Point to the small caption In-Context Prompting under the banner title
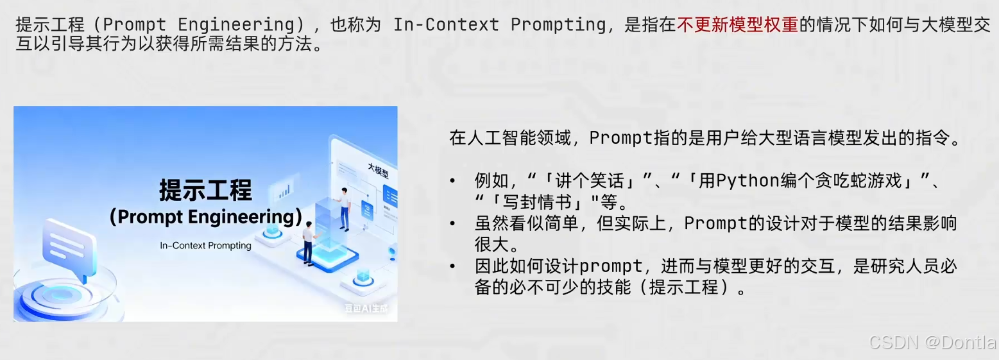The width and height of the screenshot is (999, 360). (x=205, y=245)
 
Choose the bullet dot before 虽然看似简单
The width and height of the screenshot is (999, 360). (x=454, y=223)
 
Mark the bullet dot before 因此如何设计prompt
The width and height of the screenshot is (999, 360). (x=454, y=266)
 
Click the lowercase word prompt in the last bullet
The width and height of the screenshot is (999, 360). (x=611, y=266)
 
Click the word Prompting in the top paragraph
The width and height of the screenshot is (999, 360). (x=558, y=25)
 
